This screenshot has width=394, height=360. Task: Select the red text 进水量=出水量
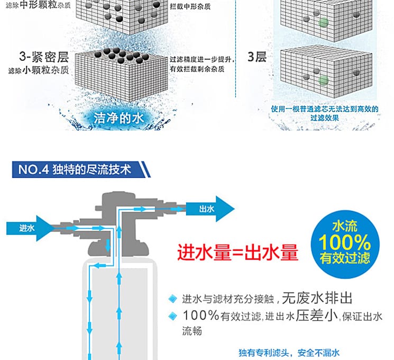(x=237, y=253)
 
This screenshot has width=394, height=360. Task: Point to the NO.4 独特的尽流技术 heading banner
(x=79, y=170)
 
